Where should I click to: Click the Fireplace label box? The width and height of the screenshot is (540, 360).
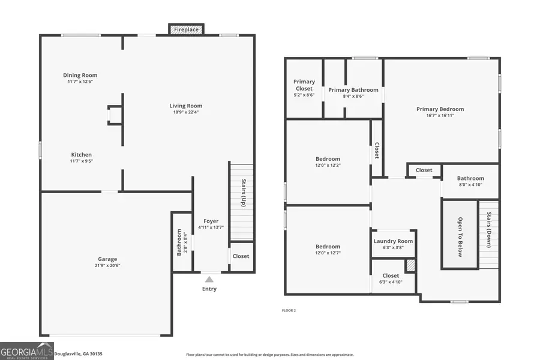pyautogui.click(x=186, y=29)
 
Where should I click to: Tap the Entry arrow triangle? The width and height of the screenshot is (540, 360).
pyautogui.click(x=209, y=279)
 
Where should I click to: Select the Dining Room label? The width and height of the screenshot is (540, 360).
pyautogui.click(x=80, y=76)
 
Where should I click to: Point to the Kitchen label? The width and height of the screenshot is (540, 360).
pyautogui.click(x=82, y=155)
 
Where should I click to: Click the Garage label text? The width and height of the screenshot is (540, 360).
pyautogui.click(x=108, y=259)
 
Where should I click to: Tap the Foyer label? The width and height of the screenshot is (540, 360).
pyautogui.click(x=211, y=221)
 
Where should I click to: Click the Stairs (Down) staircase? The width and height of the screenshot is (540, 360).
pyautogui.click(x=489, y=234)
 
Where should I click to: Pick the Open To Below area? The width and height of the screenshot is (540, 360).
pyautogui.click(x=460, y=236)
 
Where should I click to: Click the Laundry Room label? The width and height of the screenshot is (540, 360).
pyautogui.click(x=393, y=241)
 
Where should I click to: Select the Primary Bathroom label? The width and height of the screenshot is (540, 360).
pyautogui.click(x=353, y=90)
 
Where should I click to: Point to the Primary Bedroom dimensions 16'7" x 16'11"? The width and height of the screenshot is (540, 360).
pyautogui.click(x=440, y=115)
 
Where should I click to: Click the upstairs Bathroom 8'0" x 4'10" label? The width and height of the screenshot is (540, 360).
pyautogui.click(x=470, y=178)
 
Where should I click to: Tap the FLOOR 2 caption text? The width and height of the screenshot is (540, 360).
pyautogui.click(x=289, y=310)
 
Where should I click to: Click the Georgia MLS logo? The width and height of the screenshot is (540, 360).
pyautogui.click(x=27, y=350)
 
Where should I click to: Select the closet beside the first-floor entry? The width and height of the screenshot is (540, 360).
pyautogui.click(x=241, y=256)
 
